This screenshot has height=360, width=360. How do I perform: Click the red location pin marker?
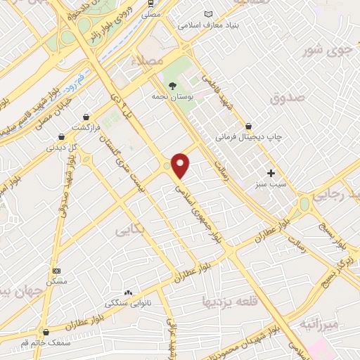[181, 165]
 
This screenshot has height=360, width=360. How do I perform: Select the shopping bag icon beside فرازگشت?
[86, 117]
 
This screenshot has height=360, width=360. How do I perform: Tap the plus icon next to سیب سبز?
[271, 173]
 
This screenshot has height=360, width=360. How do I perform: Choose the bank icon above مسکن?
[57, 271]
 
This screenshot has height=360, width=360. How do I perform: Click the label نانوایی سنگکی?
[122, 304]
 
